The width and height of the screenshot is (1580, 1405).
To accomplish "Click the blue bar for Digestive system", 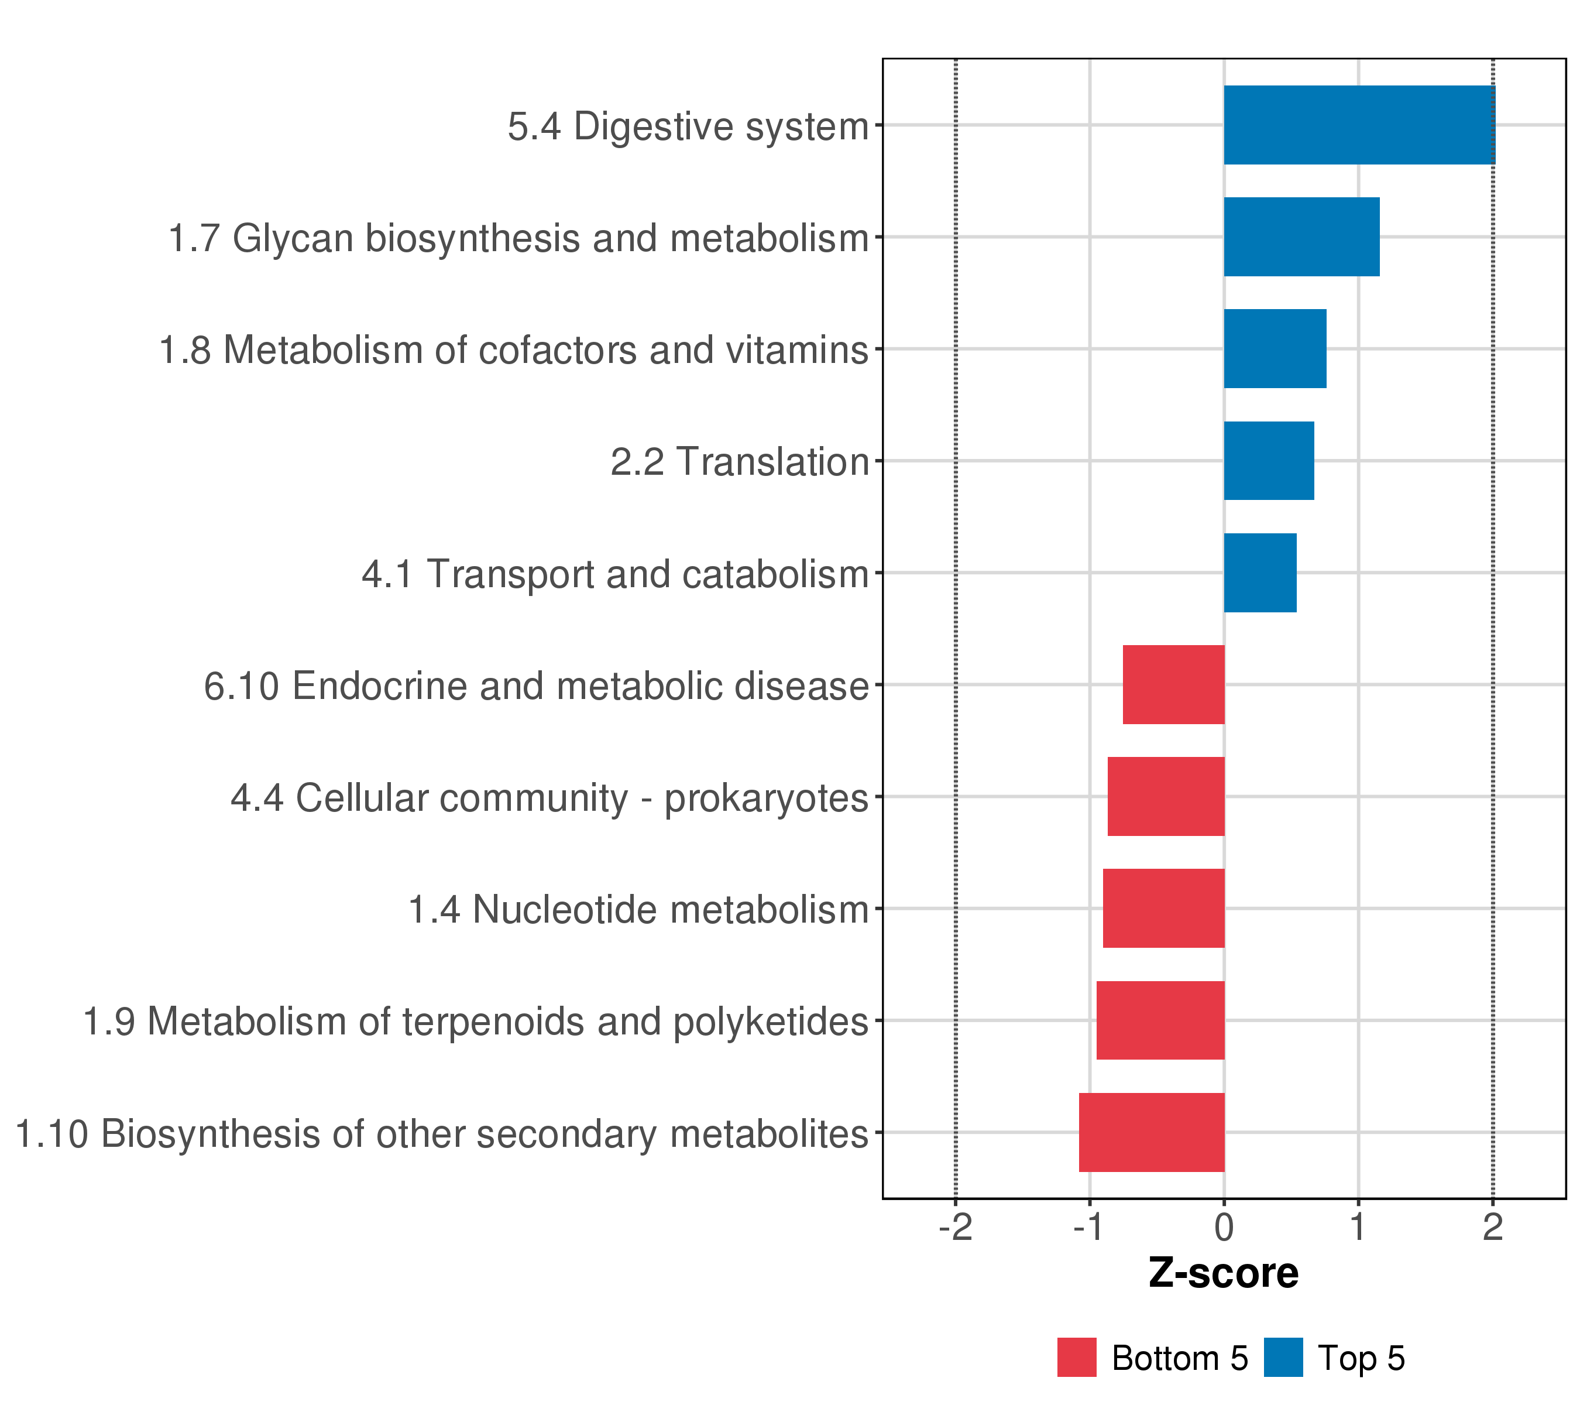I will coord(1359,125).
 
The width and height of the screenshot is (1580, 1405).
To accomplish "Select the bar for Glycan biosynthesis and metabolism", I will coord(1301,237).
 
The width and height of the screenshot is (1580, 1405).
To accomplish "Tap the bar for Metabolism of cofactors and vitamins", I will coord(1275,349).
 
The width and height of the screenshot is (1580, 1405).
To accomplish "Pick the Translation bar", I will coord(1269,461).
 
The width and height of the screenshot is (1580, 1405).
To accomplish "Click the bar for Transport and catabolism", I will coord(1260,573).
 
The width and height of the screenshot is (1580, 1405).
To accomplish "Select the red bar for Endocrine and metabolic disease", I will coord(1173,684).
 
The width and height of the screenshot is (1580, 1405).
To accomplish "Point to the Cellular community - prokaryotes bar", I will coord(1166,796).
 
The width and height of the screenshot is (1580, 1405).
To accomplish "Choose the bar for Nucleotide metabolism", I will coord(1163,909).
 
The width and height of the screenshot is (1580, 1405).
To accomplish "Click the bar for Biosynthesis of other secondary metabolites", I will coord(1152,1132).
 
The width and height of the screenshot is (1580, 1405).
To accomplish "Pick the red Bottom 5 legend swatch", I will coord(1077,1358).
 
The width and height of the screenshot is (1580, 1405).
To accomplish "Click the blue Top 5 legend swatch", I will coord(1283,1358).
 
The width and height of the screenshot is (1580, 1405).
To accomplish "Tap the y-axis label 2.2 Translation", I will coord(740,462).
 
